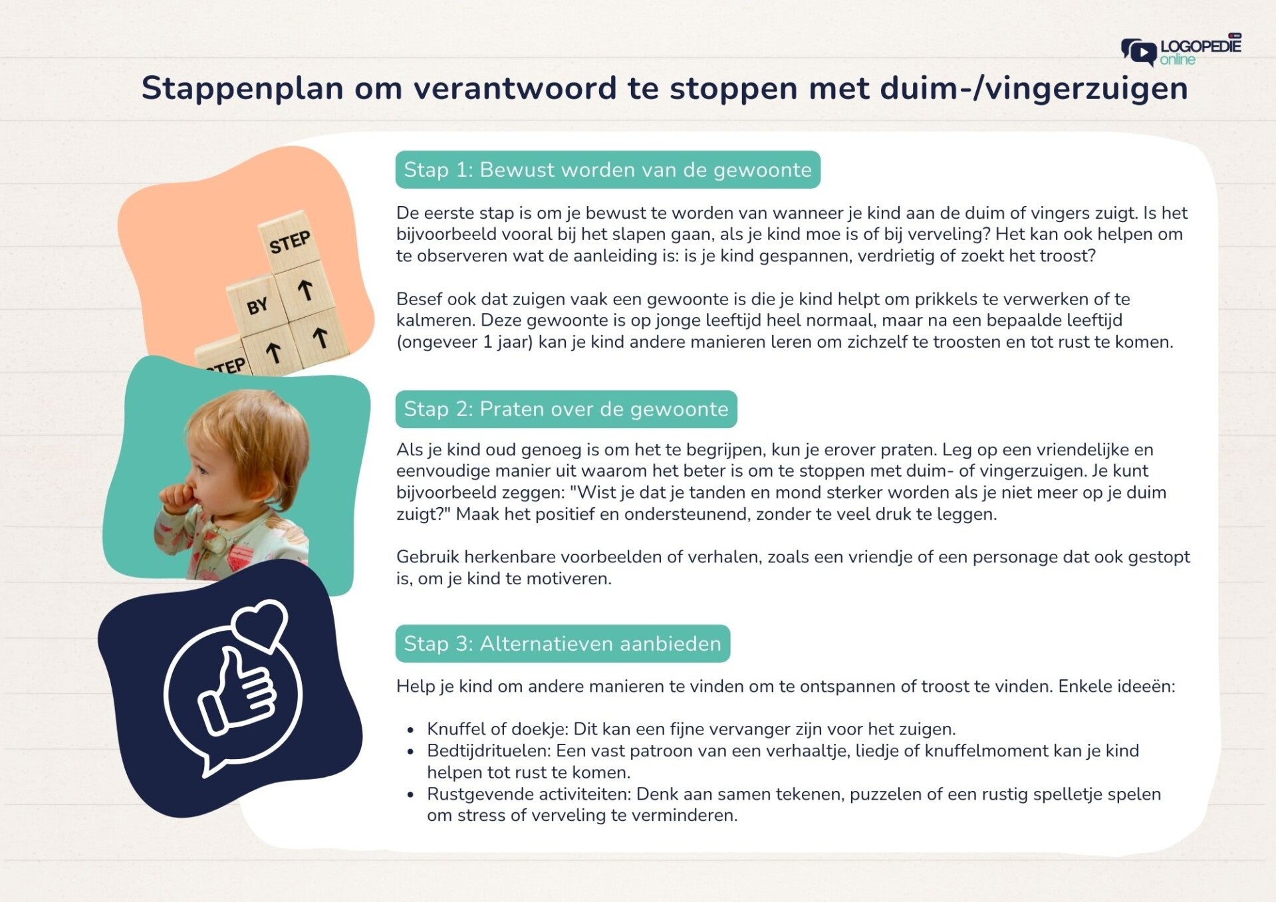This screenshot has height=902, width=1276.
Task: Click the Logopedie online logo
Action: [x=1181, y=50]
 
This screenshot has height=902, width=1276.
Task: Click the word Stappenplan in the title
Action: [x=242, y=89]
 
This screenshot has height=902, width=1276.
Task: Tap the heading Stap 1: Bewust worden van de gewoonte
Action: [x=608, y=170]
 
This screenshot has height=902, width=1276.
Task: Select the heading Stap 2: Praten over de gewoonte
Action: [x=566, y=409]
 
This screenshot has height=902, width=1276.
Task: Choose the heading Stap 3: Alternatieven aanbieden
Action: [x=563, y=643]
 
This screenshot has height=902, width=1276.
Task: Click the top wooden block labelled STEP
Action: [x=289, y=241]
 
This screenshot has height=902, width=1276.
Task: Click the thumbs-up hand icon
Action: [x=237, y=691]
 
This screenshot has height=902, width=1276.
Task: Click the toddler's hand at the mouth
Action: [x=178, y=497]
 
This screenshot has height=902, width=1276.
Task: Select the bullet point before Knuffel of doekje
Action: [x=411, y=730]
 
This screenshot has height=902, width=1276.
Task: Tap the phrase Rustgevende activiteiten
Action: [x=529, y=794]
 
